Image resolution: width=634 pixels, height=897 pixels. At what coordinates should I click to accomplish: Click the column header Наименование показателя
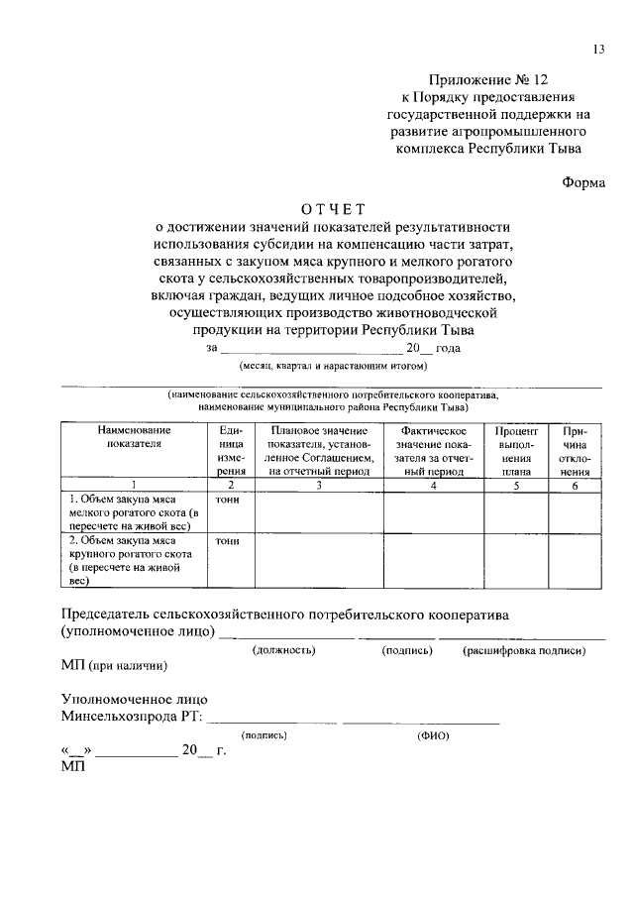click(134, 437)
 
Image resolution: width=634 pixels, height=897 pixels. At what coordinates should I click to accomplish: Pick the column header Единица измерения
click(230, 451)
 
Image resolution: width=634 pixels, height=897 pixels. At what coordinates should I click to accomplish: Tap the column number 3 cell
click(319, 486)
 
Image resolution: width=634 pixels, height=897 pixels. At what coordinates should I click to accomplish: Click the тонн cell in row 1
click(229, 500)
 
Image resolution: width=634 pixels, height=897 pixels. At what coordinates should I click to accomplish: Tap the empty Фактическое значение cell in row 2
click(433, 562)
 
